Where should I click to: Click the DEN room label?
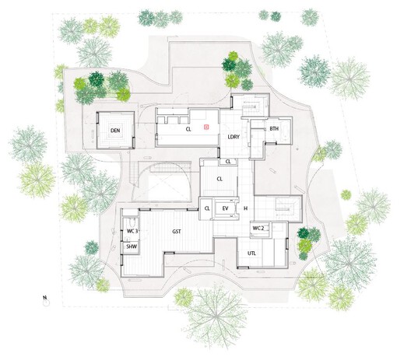click(114, 131)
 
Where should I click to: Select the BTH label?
click(274, 128)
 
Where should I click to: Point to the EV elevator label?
click(226, 208)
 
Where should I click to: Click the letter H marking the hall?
click(245, 208)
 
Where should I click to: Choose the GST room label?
click(177, 231)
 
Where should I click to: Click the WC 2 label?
click(258, 228)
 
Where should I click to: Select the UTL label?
click(252, 252)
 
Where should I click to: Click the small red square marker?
click(205, 126)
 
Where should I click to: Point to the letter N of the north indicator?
click(45, 298)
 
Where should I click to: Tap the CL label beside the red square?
click(188, 131)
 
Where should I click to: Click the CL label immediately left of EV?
click(207, 208)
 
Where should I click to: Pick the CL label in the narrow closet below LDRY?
click(228, 161)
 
